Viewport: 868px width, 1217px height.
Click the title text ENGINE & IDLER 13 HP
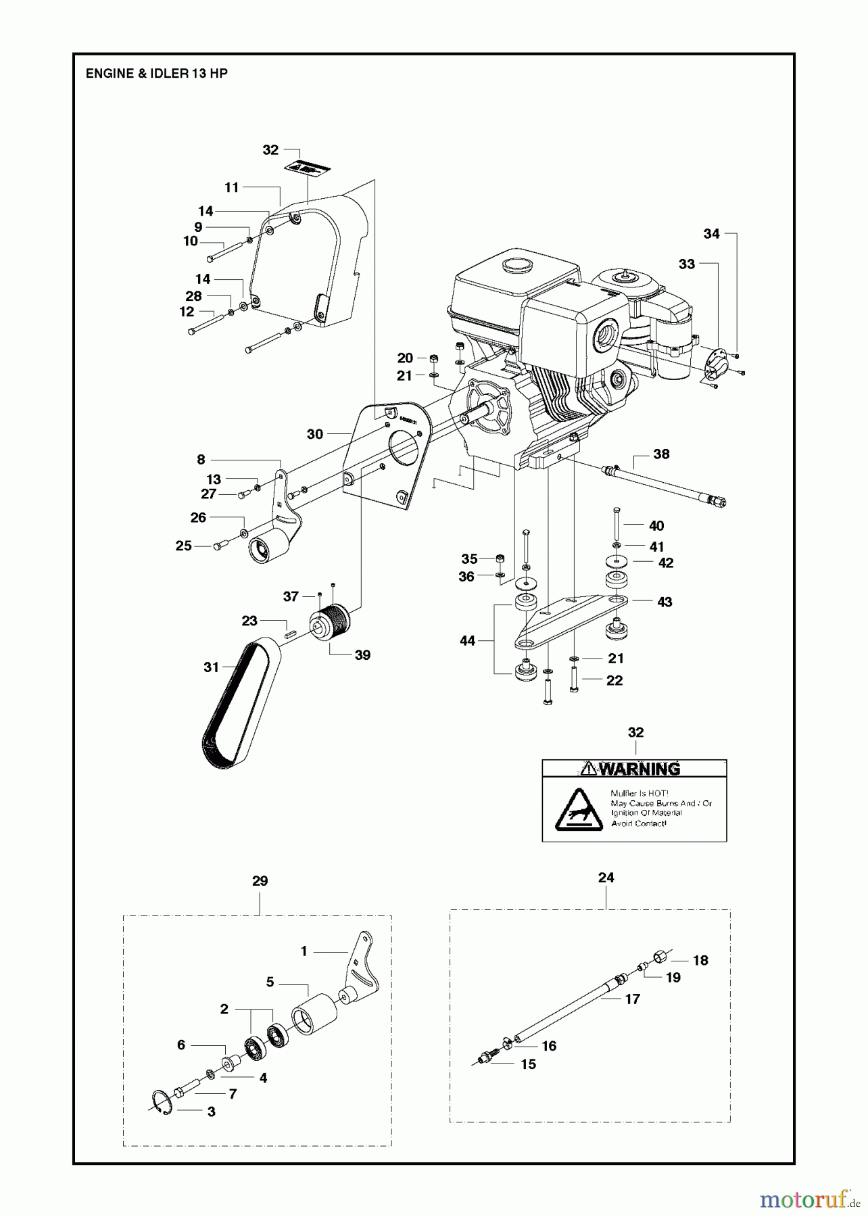[156, 74]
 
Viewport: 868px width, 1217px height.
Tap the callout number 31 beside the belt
[212, 667]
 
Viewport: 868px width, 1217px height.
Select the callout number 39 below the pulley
[362, 654]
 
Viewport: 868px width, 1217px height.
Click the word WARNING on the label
[639, 769]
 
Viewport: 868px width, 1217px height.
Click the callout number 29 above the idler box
[260, 881]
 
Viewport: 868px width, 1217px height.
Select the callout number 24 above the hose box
[606, 877]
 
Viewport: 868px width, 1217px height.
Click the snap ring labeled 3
[162, 1100]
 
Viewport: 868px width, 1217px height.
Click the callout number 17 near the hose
[632, 999]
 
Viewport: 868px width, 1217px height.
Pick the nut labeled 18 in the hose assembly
[660, 957]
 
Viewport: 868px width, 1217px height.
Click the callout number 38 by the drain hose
[660, 454]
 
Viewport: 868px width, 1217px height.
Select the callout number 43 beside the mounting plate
[665, 602]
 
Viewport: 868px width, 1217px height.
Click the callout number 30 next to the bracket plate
[315, 434]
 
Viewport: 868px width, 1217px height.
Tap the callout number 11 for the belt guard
[232, 187]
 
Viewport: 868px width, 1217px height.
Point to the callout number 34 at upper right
[711, 234]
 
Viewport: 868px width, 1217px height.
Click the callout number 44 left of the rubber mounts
[467, 640]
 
